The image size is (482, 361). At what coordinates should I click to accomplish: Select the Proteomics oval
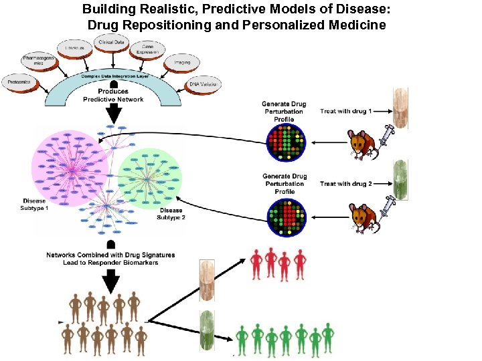tap(21, 82)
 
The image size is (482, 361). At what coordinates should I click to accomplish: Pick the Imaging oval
tap(181, 62)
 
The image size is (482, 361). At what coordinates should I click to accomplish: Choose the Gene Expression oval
tap(147, 49)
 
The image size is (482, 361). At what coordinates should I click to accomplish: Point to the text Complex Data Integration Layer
tap(114, 77)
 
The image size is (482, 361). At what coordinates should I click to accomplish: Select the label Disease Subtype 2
tap(171, 213)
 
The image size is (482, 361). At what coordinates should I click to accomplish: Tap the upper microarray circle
tap(286, 142)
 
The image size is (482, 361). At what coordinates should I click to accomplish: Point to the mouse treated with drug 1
tap(361, 144)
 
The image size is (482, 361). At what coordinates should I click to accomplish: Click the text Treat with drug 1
tap(345, 111)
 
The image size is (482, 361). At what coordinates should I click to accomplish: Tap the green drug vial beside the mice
tap(400, 178)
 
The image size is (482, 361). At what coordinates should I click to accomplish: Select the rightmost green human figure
tap(328, 337)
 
